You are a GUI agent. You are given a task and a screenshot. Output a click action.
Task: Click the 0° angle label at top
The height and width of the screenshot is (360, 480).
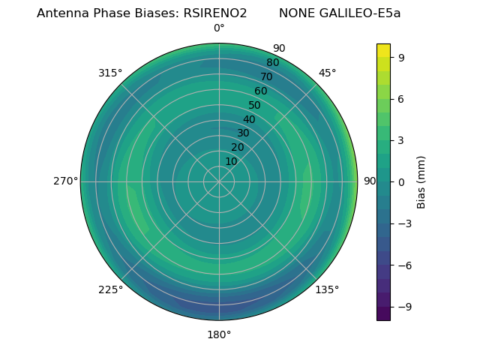(219, 28)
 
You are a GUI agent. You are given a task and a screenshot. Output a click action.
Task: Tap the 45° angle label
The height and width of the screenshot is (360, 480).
(327, 73)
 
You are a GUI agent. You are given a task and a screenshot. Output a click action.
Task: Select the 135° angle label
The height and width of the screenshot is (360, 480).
(327, 289)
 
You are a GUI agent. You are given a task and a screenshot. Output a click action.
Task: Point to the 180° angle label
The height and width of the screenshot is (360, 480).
(219, 334)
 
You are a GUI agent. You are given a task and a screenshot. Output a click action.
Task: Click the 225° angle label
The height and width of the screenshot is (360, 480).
(110, 290)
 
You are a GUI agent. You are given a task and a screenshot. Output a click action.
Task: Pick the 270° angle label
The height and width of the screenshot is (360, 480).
(66, 181)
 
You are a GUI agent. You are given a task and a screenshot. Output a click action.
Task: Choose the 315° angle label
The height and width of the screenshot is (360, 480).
(110, 73)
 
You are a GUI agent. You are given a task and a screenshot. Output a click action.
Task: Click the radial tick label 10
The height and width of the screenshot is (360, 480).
(231, 161)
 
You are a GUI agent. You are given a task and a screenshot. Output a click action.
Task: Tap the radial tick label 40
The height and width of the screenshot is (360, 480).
(249, 119)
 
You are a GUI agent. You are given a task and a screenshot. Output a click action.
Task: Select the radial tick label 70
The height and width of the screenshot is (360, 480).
(266, 76)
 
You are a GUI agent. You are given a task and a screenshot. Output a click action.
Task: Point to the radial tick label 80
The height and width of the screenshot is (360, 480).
(272, 63)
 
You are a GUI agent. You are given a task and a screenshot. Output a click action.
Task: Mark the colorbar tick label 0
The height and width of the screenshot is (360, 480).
(401, 181)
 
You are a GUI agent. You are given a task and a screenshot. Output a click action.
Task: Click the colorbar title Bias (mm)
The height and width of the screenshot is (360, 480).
(421, 181)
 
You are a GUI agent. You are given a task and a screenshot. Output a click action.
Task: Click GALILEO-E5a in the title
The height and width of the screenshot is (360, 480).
(359, 13)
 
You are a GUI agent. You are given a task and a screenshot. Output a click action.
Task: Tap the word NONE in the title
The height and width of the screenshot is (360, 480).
(295, 13)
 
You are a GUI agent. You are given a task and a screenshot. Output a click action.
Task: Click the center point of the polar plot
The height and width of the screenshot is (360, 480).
(219, 181)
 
